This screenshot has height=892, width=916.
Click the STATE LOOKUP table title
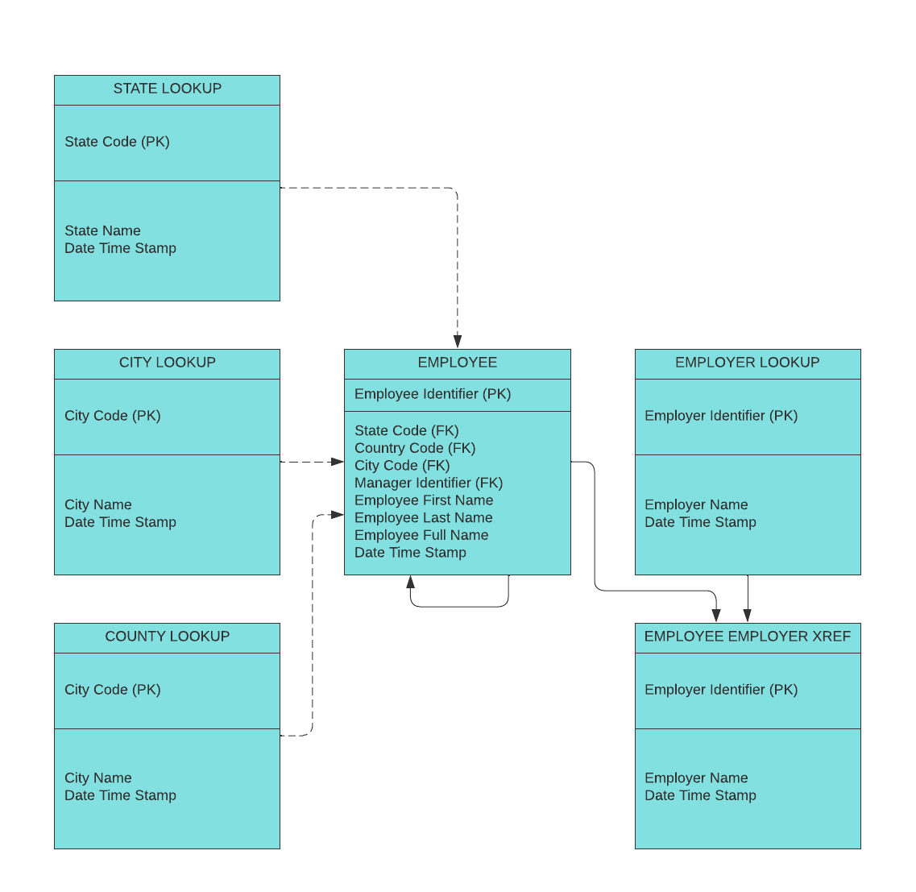pyautogui.click(x=167, y=89)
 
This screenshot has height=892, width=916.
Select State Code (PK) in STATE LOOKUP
pyautogui.click(x=117, y=142)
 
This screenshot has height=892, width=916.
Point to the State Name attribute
pyautogui.click(x=102, y=230)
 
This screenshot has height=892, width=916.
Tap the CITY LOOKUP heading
pyautogui.click(x=167, y=363)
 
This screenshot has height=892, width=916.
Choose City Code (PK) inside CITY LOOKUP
pyautogui.click(x=113, y=416)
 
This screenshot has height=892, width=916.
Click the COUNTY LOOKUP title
pyautogui.click(x=167, y=637)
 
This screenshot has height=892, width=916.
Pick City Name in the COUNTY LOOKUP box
pyautogui.click(x=98, y=778)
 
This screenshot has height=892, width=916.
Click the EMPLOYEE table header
pyautogui.click(x=457, y=363)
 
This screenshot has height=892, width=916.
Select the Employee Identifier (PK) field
pyautogui.click(x=433, y=394)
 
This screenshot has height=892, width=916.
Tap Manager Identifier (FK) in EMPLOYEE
pyautogui.click(x=429, y=483)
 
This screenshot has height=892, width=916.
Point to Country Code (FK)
pyautogui.click(x=415, y=448)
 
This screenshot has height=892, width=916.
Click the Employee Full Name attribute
pyautogui.click(x=421, y=535)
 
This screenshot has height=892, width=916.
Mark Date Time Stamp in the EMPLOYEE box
pyautogui.click(x=410, y=553)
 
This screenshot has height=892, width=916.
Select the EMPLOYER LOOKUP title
pyautogui.click(x=747, y=363)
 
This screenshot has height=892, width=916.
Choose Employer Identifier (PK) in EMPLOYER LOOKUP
pyautogui.click(x=721, y=416)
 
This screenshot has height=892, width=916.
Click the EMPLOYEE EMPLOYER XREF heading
pyautogui.click(x=747, y=637)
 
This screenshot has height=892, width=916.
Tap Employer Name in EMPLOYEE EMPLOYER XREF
pyautogui.click(x=696, y=778)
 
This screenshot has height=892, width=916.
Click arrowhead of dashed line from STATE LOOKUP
pyautogui.click(x=458, y=342)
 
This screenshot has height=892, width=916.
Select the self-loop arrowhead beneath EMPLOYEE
pyautogui.click(x=411, y=582)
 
